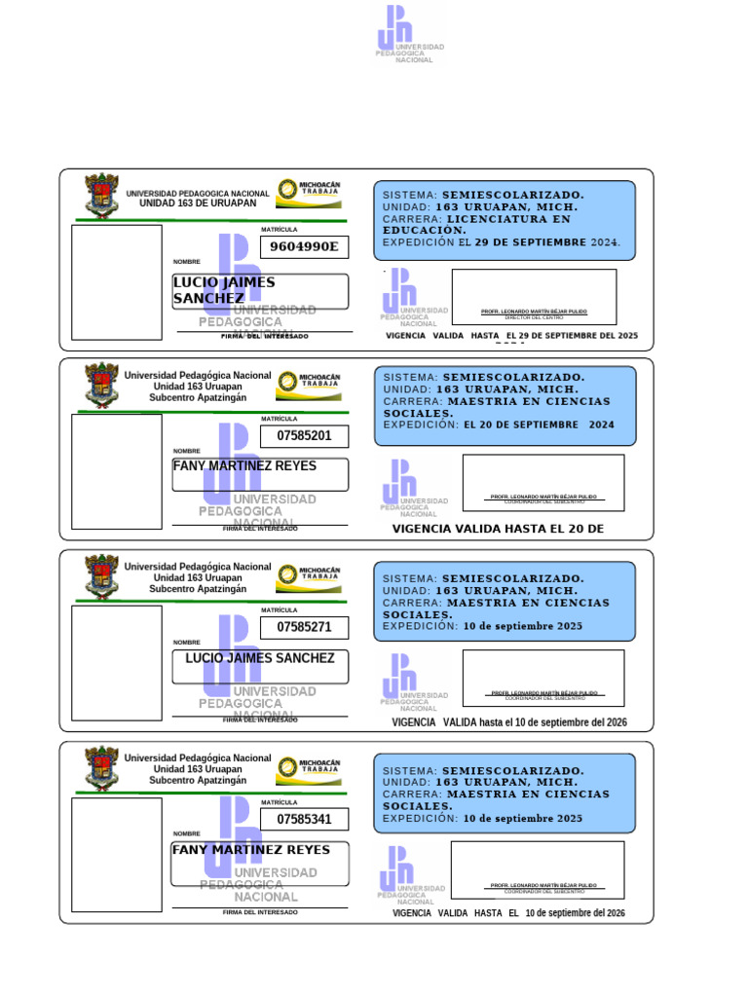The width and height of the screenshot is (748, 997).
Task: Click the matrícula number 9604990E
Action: [x=304, y=247]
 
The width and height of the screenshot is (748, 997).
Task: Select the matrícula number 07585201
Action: [x=304, y=436]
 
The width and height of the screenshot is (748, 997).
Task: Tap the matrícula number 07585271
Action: [x=304, y=628]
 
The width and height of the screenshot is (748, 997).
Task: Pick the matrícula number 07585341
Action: [x=304, y=820]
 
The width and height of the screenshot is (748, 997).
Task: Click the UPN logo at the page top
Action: [x=409, y=34]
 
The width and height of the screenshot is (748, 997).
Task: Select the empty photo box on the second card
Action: [x=117, y=470]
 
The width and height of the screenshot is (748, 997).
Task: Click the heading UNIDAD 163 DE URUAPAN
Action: [x=198, y=203]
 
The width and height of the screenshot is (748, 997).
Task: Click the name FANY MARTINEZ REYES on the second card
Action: [x=244, y=466]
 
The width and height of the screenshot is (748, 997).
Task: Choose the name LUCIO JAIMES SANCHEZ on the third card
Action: [x=260, y=658]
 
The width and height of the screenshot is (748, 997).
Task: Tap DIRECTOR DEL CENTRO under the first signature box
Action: [x=534, y=318]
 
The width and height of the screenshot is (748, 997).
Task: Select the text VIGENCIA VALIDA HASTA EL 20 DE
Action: [x=498, y=530]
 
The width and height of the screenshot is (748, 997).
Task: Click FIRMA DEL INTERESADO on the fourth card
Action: [x=260, y=912]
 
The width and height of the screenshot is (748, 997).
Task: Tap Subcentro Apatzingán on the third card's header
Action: [x=198, y=589]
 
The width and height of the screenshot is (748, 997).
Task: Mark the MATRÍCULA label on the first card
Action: [x=280, y=230]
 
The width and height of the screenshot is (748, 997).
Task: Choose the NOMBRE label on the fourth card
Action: [x=187, y=834]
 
